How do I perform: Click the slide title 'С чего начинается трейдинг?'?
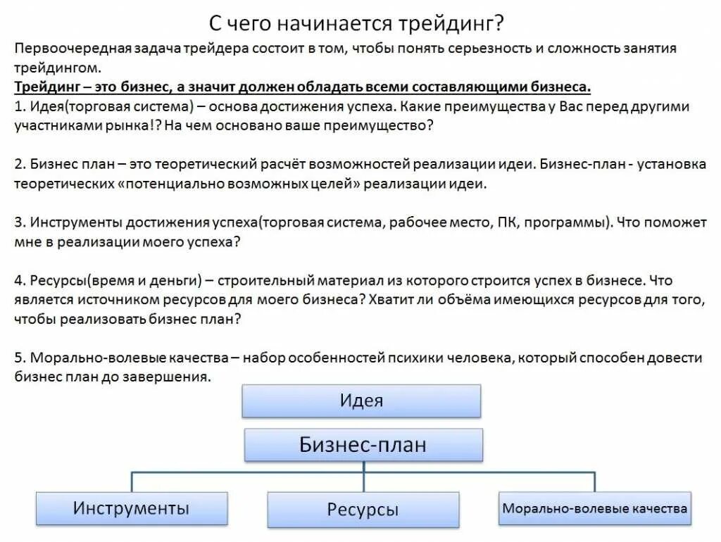point(356,23)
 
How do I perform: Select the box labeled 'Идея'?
point(361,401)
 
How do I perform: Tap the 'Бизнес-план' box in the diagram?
point(363,444)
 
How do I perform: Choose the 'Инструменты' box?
point(131,508)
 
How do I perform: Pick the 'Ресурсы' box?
point(363,509)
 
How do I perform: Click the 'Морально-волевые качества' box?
point(594,508)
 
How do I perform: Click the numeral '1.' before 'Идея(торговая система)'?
point(20,107)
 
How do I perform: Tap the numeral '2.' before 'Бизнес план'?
point(20,165)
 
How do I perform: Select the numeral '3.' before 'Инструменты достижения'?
point(20,222)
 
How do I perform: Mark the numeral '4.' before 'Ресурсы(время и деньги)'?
point(20,280)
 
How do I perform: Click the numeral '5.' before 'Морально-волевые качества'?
point(20,358)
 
